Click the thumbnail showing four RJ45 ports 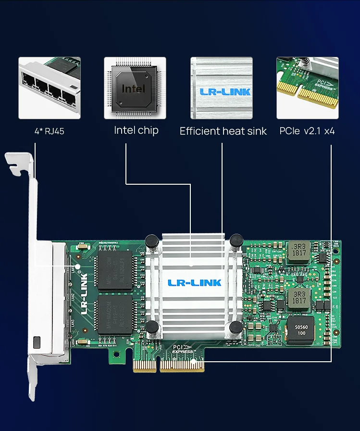[50, 88]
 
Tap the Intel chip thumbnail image [135, 88]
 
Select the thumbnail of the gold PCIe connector [307, 88]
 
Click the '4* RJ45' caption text [49, 131]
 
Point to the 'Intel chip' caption [136, 130]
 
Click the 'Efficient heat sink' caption [223, 131]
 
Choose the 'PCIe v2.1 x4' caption [307, 131]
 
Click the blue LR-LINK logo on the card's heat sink [194, 282]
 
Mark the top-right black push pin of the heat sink [236, 240]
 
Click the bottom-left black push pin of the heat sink [152, 328]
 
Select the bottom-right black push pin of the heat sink [236, 328]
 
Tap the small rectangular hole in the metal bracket [37, 343]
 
